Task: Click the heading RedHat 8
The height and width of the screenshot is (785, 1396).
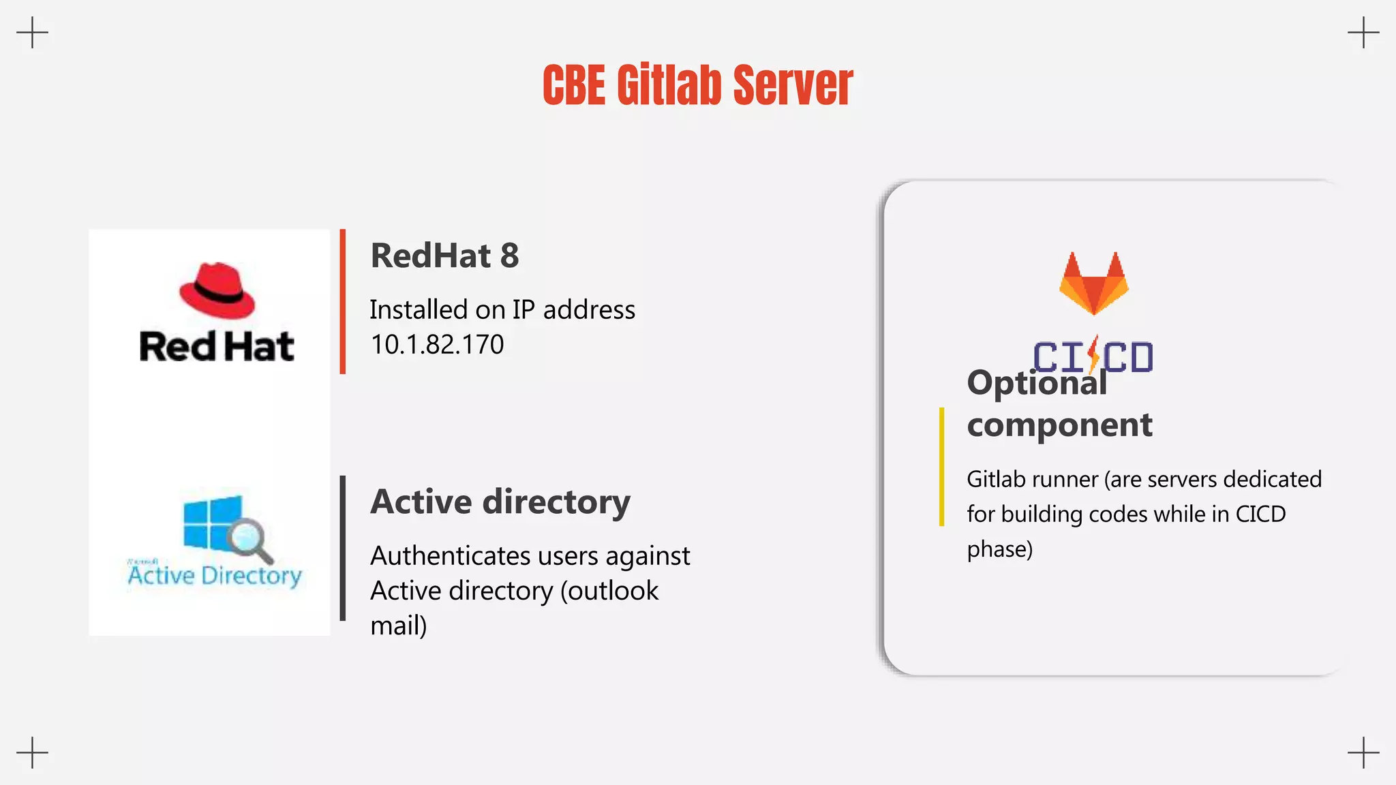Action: [444, 256]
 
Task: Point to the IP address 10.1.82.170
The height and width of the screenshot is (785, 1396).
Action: [437, 345]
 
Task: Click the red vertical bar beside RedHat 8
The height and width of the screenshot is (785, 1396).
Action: [343, 301]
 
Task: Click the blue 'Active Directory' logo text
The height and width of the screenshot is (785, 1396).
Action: [215, 576]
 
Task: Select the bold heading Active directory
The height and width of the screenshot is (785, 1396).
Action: [500, 502]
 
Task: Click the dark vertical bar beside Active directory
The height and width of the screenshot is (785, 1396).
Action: [343, 548]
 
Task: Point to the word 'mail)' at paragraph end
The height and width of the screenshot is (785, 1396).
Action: [399, 626]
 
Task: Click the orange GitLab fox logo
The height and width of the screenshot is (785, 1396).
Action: [1093, 283]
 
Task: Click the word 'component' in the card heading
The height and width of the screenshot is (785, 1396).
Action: [1059, 426]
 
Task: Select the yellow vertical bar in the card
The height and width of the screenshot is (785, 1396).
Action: [941, 467]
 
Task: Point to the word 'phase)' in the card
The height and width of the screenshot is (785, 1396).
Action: [999, 549]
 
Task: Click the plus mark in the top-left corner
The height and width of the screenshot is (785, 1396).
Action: [32, 32]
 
